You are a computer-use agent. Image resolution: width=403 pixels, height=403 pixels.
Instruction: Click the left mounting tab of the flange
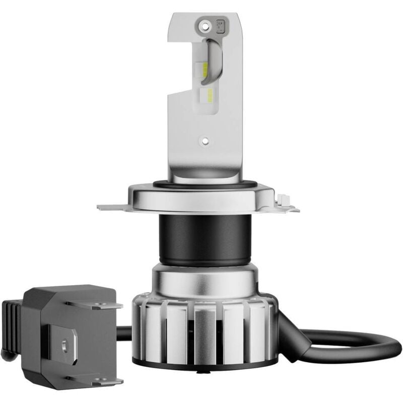click(112, 207)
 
